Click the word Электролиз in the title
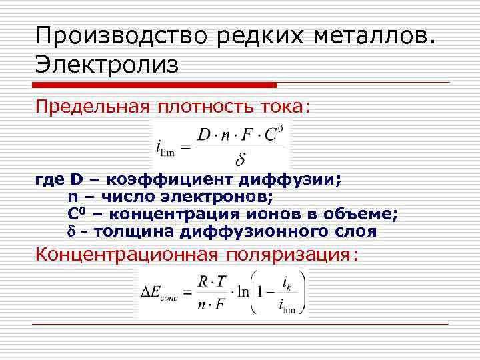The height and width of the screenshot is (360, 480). click(x=108, y=65)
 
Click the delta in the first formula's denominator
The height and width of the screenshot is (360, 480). click(x=241, y=160)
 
